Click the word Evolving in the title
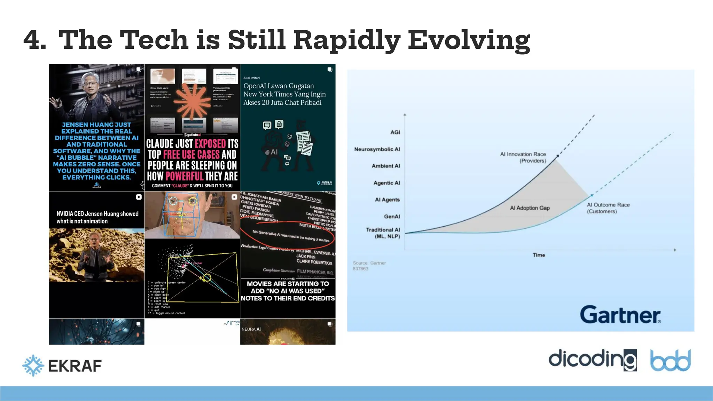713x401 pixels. (469, 40)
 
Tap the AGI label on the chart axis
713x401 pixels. (395, 132)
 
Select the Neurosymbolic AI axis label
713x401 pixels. (377, 149)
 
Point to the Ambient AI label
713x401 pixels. (386, 166)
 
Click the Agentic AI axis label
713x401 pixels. (386, 183)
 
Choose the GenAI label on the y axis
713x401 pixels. (392, 217)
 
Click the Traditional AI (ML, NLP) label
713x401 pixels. (383, 233)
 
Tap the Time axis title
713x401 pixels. (539, 255)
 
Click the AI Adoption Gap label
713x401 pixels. (530, 208)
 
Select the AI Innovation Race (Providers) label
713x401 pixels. (523, 157)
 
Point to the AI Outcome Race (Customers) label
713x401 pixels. (608, 208)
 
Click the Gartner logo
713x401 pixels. (620, 315)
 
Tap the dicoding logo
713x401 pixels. (592, 360)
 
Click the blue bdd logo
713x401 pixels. (670, 360)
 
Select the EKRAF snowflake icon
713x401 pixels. (33, 365)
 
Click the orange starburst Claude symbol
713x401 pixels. (192, 101)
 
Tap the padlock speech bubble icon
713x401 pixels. (279, 124)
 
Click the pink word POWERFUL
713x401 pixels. (184, 176)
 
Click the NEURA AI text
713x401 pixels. (251, 329)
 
